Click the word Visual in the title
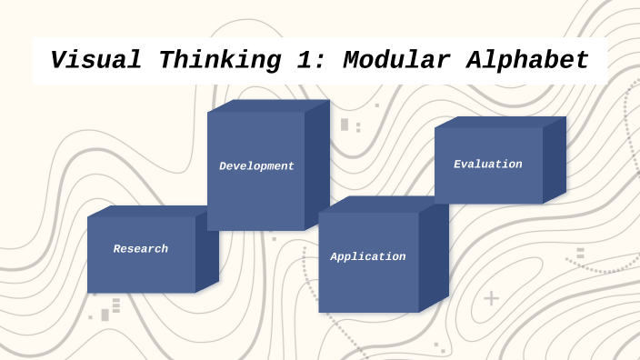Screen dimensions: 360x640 [x=95, y=61]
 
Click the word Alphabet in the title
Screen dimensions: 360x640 [x=527, y=61]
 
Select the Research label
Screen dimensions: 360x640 [x=141, y=249]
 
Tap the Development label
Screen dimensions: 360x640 [x=256, y=166]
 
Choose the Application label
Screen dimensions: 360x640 [x=368, y=257]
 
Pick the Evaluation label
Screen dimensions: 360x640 [x=488, y=165]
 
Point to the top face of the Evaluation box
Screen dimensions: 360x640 [x=500, y=122]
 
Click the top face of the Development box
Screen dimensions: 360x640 [x=268, y=105]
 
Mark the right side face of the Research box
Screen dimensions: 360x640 [x=207, y=252]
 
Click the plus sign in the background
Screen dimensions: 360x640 [x=491, y=298]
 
